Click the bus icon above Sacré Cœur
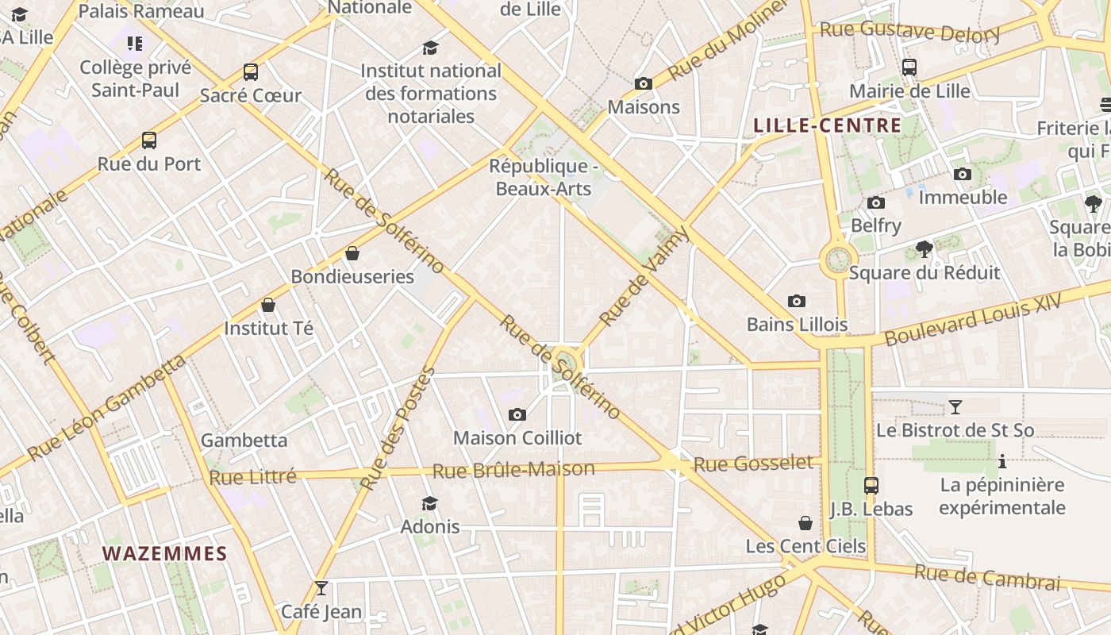(251, 72)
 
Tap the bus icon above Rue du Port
(149, 140)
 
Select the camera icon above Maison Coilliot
(517, 414)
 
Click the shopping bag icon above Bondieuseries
(352, 253)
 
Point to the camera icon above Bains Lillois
(797, 301)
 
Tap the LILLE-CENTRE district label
(827, 125)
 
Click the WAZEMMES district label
(164, 553)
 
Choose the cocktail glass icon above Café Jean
(321, 588)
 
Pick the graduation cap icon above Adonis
(430, 503)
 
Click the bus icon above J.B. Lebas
(871, 485)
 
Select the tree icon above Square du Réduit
(925, 249)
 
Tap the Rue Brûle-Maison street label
(513, 470)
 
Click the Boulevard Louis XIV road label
(974, 321)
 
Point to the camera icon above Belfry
(876, 202)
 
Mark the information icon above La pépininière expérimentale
(1002, 461)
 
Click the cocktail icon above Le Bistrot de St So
(955, 407)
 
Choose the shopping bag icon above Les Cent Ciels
(805, 523)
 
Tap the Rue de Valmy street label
(644, 275)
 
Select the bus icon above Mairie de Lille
(909, 67)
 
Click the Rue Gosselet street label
(754, 464)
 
